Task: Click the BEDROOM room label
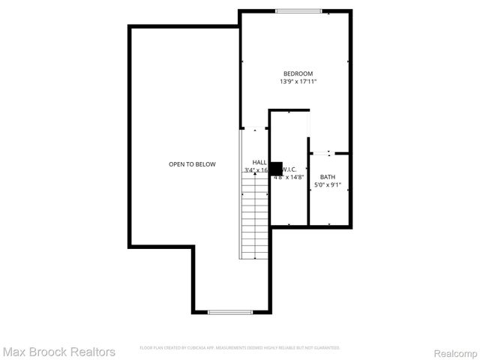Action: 298,73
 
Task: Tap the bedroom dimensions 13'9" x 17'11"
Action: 298,81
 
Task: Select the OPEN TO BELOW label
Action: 192,163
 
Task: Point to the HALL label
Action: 259,162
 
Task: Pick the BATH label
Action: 328,177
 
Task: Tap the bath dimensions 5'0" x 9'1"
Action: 328,184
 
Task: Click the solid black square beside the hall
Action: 276,169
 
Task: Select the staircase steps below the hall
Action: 255,217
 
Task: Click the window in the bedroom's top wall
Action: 299,11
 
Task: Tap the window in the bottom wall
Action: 230,311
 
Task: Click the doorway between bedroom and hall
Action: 254,129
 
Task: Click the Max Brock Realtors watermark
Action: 59,351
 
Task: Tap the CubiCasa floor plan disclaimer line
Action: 240,348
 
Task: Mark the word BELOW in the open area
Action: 205,163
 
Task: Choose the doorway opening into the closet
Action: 309,124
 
